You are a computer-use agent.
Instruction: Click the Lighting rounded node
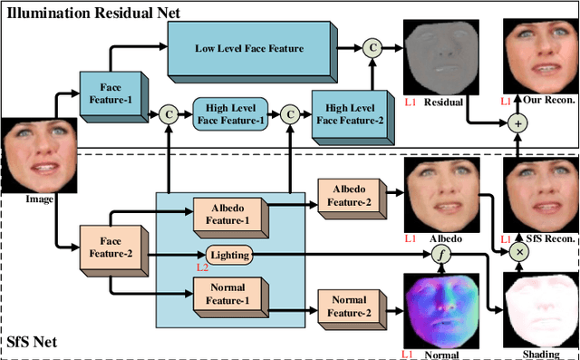[x=227, y=256]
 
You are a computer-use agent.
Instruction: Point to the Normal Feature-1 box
[x=228, y=294]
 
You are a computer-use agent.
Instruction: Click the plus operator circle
[x=519, y=122]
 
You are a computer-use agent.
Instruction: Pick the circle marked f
[x=440, y=255]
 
